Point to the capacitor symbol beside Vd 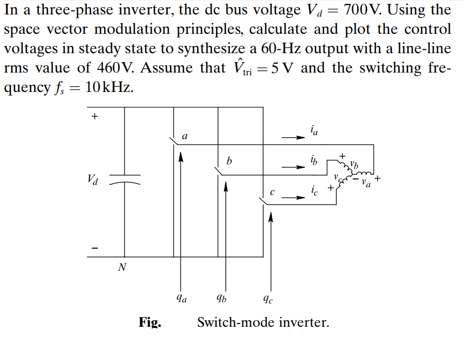125,179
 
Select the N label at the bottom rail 122,268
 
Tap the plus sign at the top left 94,116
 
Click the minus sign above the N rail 94,248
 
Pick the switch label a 185,136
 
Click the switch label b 229,161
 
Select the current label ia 314,131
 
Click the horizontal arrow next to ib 291,166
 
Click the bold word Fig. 149,322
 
